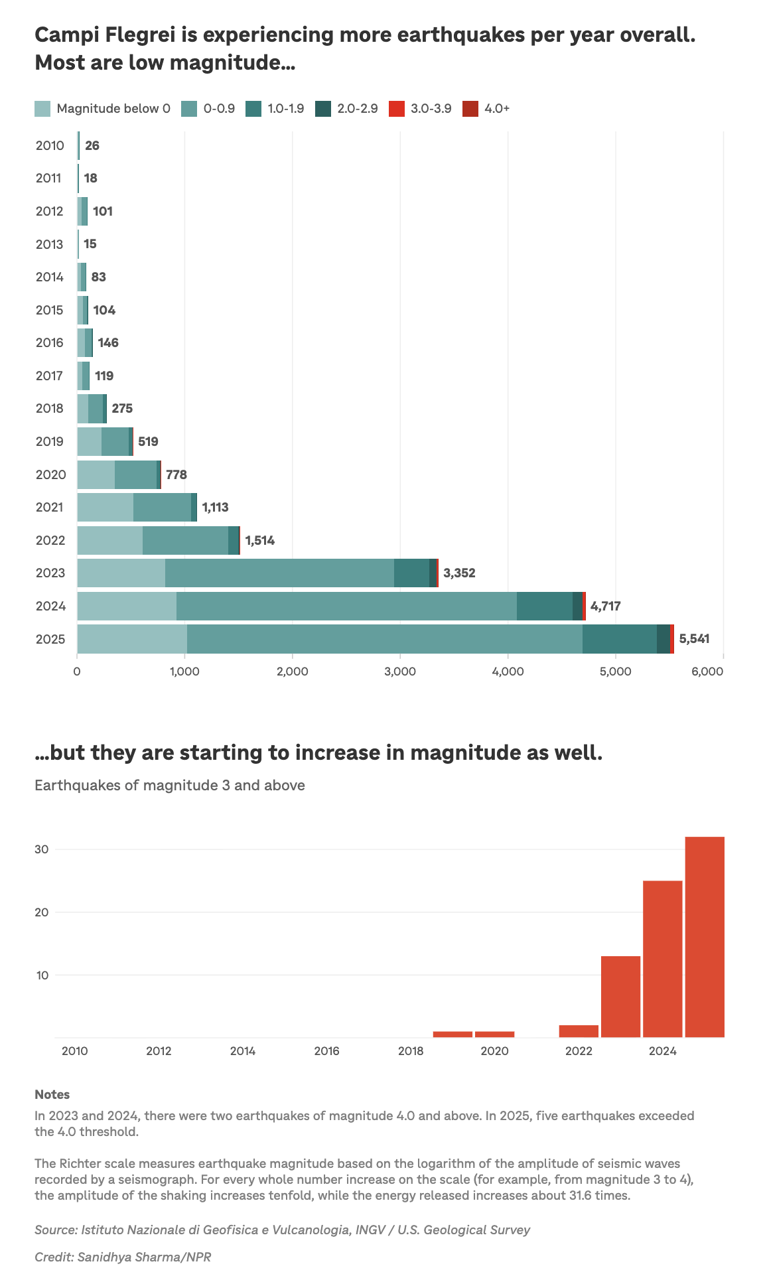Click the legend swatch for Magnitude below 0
tap(42, 109)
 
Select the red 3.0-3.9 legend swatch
tap(396, 109)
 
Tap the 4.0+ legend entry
tap(470, 109)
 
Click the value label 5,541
tap(694, 639)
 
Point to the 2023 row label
tap(50, 573)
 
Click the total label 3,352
tap(459, 573)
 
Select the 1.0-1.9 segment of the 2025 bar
tap(619, 639)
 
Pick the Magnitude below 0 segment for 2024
tap(126, 606)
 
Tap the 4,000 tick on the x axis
tap(508, 672)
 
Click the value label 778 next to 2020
tap(176, 474)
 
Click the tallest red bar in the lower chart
tap(704, 937)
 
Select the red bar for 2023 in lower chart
tap(620, 997)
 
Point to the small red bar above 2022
tap(579, 1031)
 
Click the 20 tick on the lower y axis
tap(42, 912)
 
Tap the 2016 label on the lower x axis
tap(326, 1051)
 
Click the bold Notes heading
tap(52, 1095)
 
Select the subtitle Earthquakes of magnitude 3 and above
tap(170, 786)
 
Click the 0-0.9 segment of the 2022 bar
tap(185, 540)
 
